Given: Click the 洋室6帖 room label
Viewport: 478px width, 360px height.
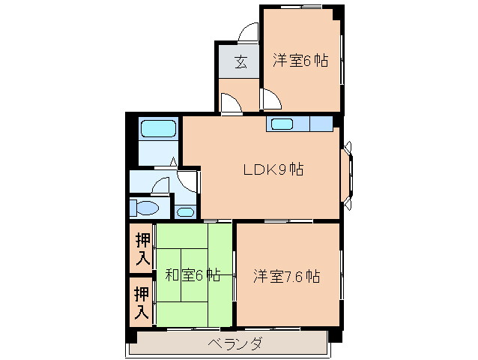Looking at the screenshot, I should [300, 61].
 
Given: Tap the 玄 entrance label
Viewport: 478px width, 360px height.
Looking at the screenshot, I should [240, 61].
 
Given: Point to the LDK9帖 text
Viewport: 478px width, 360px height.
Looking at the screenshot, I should [272, 169].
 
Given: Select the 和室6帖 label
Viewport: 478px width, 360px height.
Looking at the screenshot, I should [193, 275].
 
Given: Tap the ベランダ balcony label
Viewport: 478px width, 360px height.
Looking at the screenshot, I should [233, 344].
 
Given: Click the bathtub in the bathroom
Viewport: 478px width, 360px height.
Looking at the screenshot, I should [158, 127].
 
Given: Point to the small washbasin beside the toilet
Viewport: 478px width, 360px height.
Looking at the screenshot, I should [184, 211].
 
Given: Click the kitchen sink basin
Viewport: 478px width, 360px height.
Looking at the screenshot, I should [282, 124].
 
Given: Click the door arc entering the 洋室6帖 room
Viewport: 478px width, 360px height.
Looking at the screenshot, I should [269, 97].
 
